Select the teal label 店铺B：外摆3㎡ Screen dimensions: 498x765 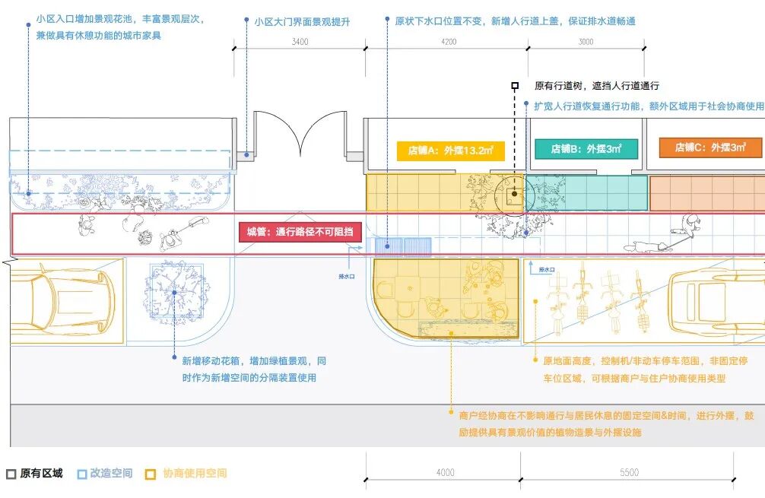click(586, 149)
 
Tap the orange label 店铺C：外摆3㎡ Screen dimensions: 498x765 click(709, 147)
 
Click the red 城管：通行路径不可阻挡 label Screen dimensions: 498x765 click(300, 233)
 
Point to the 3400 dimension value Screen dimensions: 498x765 click(300, 42)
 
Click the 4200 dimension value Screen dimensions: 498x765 click(449, 42)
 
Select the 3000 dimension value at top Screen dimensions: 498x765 click(586, 42)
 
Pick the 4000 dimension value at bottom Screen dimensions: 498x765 click(445, 473)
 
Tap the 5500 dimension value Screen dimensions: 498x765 click(629, 473)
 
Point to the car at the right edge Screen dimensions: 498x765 click(719, 300)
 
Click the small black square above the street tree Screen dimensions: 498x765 click(515, 86)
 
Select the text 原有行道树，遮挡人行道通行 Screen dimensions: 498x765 click(596, 86)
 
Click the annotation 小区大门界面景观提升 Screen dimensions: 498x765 click(302, 22)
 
